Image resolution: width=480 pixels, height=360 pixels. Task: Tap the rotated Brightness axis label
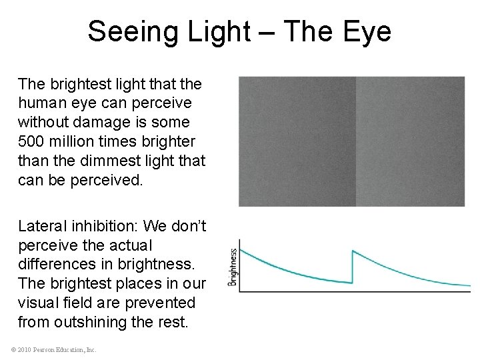point(233,267)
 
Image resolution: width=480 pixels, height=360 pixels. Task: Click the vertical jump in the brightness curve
point(353,267)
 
